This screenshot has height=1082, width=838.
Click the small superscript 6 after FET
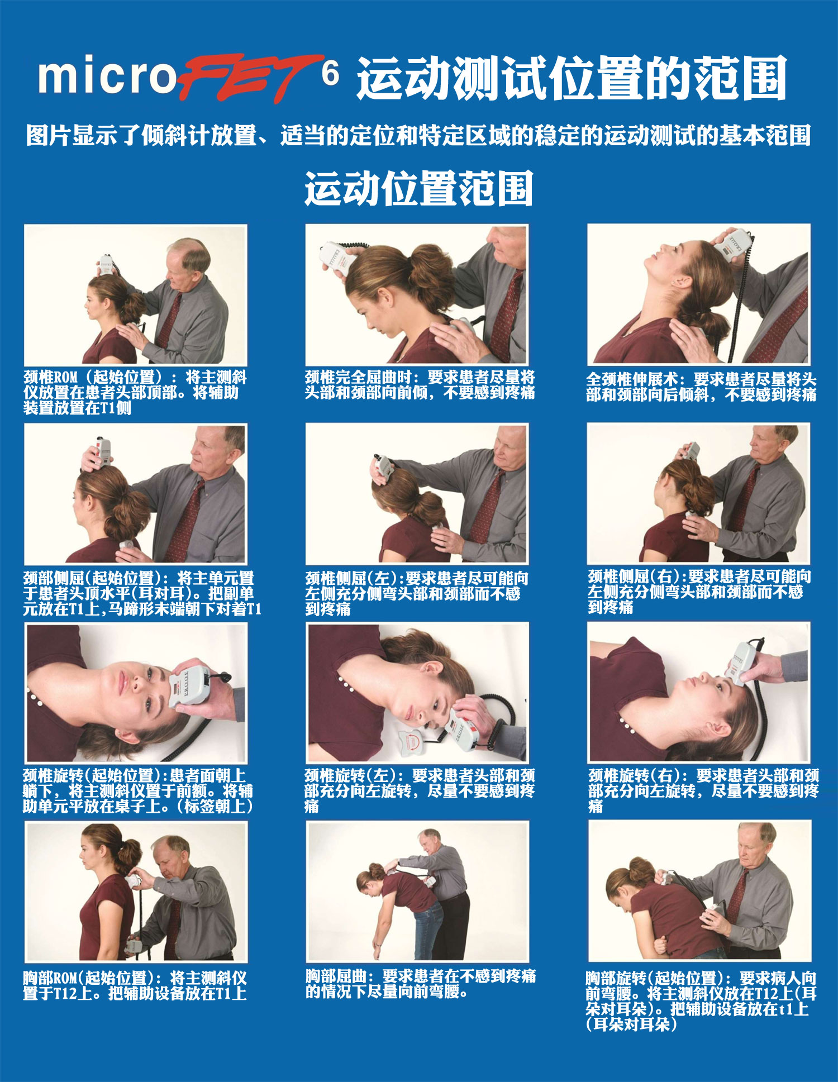[330, 73]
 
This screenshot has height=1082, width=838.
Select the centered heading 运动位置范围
[418, 188]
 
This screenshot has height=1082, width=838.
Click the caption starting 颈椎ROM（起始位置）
[135, 392]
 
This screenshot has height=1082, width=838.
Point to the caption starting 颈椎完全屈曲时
[420, 384]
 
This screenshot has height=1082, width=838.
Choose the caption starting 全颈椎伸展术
[701, 387]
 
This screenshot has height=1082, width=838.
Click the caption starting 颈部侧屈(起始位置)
[142, 593]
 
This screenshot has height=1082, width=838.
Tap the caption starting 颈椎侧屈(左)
[417, 593]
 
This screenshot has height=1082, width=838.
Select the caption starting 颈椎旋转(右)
[703, 790]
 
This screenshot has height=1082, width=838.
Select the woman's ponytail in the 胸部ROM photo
[128, 855]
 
